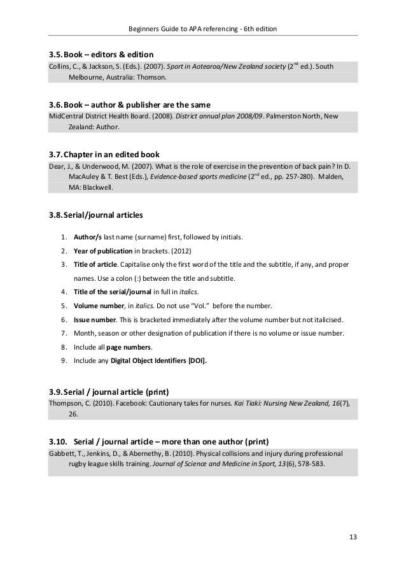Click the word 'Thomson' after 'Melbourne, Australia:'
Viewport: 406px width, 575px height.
150,78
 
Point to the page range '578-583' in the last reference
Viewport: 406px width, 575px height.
309,464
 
